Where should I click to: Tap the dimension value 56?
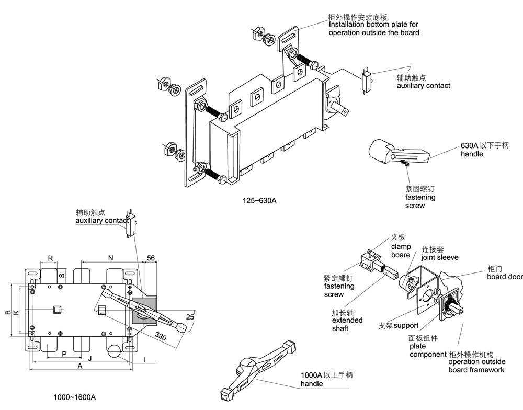(x=151, y=258)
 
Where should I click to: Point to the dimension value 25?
(x=190, y=317)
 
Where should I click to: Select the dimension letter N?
(x=110, y=258)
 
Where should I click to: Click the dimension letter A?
(x=80, y=366)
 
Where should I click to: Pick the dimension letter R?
(x=50, y=258)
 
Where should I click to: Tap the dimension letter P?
(x=64, y=354)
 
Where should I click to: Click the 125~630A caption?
(x=260, y=200)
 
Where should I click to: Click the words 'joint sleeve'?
(x=440, y=257)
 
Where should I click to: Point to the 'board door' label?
(x=505, y=277)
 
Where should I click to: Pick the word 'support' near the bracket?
(x=406, y=326)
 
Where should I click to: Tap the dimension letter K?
(x=16, y=312)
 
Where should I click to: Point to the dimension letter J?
(x=89, y=358)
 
